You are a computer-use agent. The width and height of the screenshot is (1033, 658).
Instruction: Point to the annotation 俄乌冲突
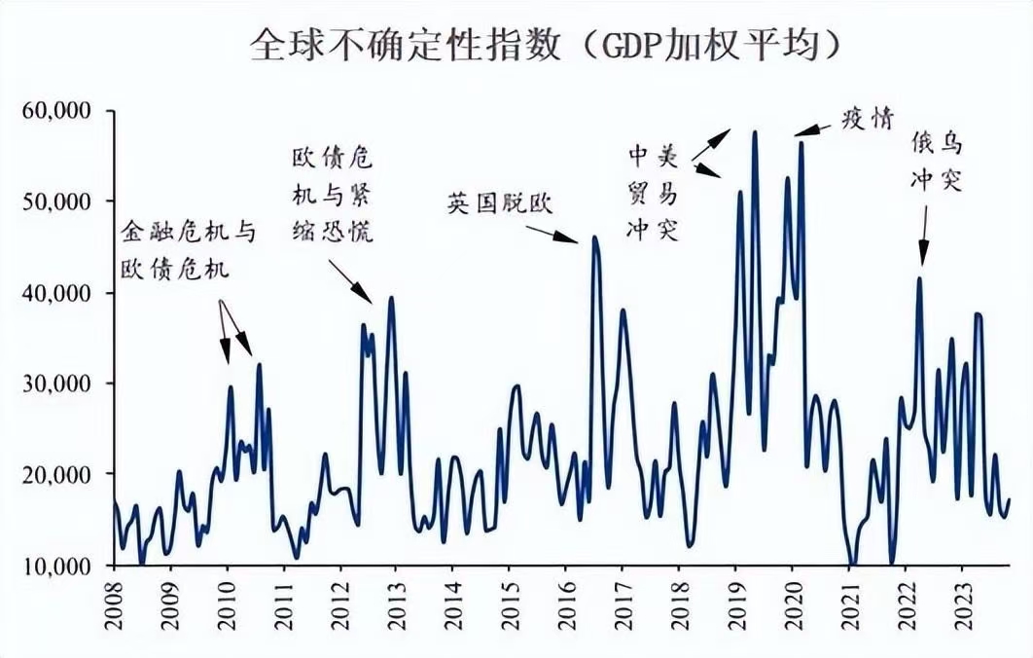(x=936, y=163)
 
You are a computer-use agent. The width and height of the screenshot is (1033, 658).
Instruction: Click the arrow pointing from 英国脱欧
(x=552, y=233)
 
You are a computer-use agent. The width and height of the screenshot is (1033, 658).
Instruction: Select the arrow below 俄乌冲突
(x=922, y=238)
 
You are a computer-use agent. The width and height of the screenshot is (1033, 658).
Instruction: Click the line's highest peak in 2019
(x=755, y=131)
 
